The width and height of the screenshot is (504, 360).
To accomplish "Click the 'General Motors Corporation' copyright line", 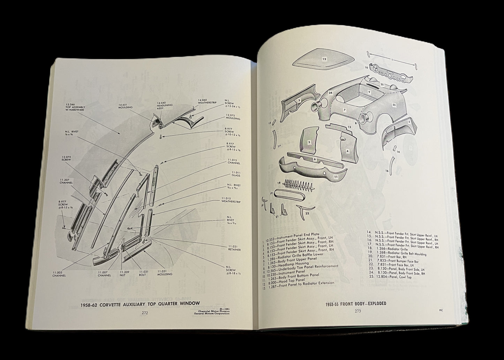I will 212,313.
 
